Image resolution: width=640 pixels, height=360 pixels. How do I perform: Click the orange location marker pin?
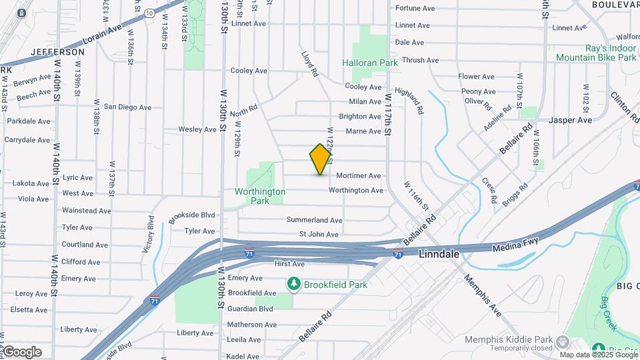(321, 159)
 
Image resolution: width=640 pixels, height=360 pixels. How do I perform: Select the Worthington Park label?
(260, 196)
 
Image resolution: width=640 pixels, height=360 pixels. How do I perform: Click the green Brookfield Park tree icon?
(293, 285)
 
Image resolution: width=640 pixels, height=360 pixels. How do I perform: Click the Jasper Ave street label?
(570, 120)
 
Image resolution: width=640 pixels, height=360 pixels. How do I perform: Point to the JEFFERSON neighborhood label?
(58, 52)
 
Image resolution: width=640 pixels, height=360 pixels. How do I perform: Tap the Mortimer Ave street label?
(359, 175)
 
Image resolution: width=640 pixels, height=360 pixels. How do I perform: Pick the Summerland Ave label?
(314, 220)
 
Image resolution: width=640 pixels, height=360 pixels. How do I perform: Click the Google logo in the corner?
(22, 352)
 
